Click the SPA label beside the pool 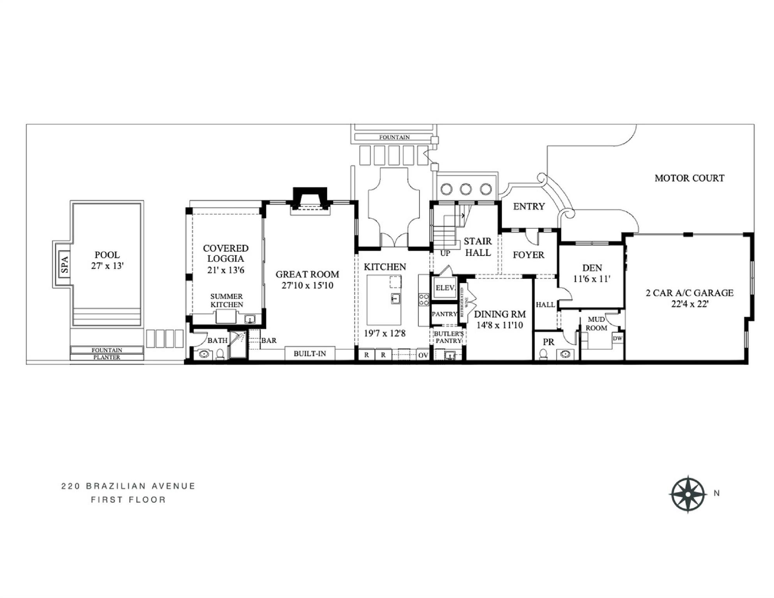(65, 265)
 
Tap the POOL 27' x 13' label (107, 260)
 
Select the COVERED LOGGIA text (226, 253)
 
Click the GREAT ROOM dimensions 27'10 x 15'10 (307, 285)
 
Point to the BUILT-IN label (310, 354)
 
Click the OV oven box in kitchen (423, 355)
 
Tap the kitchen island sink (396, 299)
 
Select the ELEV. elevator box (445, 288)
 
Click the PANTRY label (444, 314)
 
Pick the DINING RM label (500, 314)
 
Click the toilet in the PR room (543, 354)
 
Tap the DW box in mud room (617, 338)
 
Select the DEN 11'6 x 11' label (592, 273)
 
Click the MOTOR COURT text (689, 178)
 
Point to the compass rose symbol (688, 494)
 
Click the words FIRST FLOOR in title (129, 499)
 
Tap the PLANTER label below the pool (107, 357)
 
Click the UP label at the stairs (445, 253)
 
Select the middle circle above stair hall (465, 189)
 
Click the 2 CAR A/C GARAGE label (689, 293)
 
